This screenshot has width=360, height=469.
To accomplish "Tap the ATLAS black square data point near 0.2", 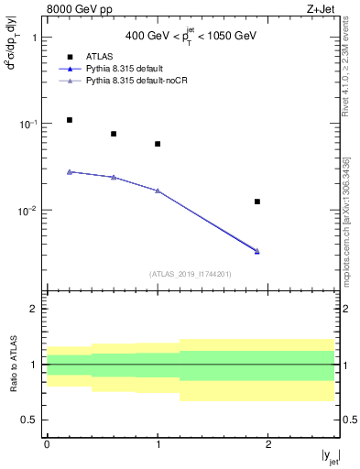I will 70,120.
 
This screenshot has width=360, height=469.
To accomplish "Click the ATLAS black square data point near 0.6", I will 114,134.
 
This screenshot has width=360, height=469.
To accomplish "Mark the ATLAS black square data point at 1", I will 158,144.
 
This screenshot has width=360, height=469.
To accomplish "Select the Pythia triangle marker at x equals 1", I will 158,191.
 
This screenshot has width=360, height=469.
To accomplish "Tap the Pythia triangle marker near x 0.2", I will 70,171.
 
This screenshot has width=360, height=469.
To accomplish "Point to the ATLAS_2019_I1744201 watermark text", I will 190,273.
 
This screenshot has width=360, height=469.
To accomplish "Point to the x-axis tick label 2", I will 268,444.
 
